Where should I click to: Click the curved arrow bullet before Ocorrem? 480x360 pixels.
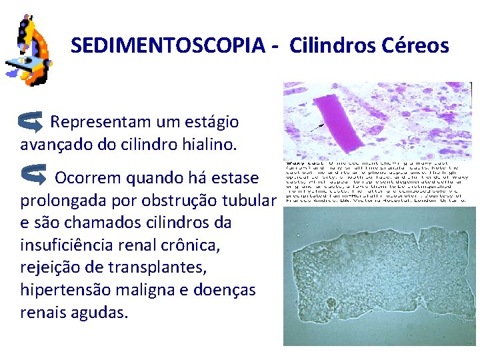33,175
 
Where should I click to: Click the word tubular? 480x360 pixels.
247,200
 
